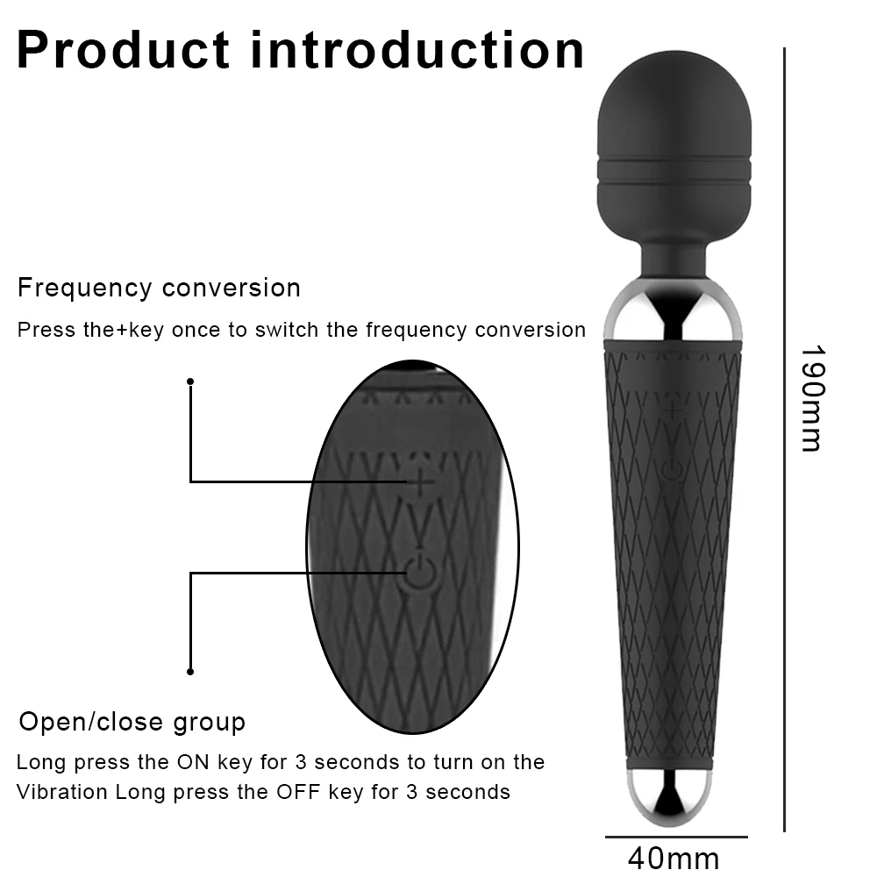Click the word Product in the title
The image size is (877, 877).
124,51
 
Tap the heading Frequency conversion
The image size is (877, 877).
159,288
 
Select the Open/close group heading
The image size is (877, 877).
132,722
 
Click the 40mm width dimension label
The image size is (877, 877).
674,857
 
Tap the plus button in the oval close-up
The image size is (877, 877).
422,481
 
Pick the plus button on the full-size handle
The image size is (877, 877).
673,410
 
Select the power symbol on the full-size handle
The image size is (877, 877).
672,469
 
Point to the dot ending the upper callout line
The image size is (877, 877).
190,381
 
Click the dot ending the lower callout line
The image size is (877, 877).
190,672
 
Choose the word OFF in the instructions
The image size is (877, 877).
298,792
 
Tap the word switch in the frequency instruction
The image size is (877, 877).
281,330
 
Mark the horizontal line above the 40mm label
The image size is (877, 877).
675,837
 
